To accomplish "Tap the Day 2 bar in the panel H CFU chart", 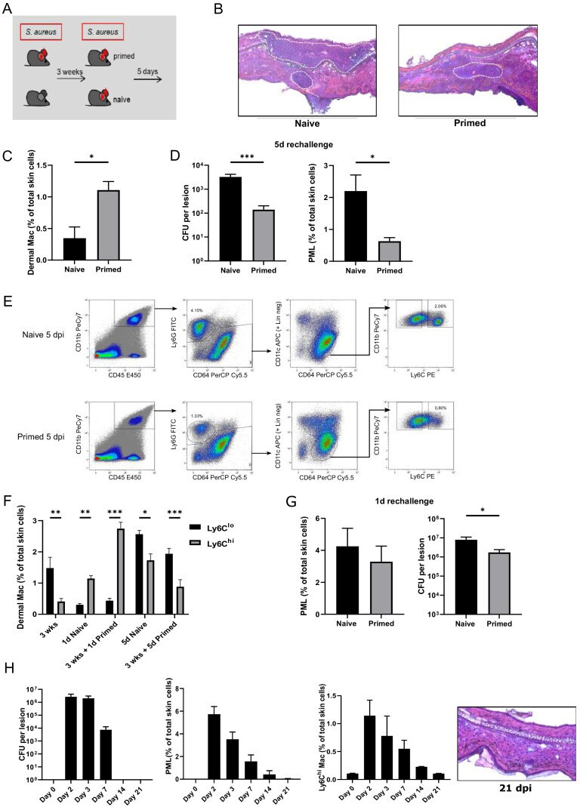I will (x=71, y=738).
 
